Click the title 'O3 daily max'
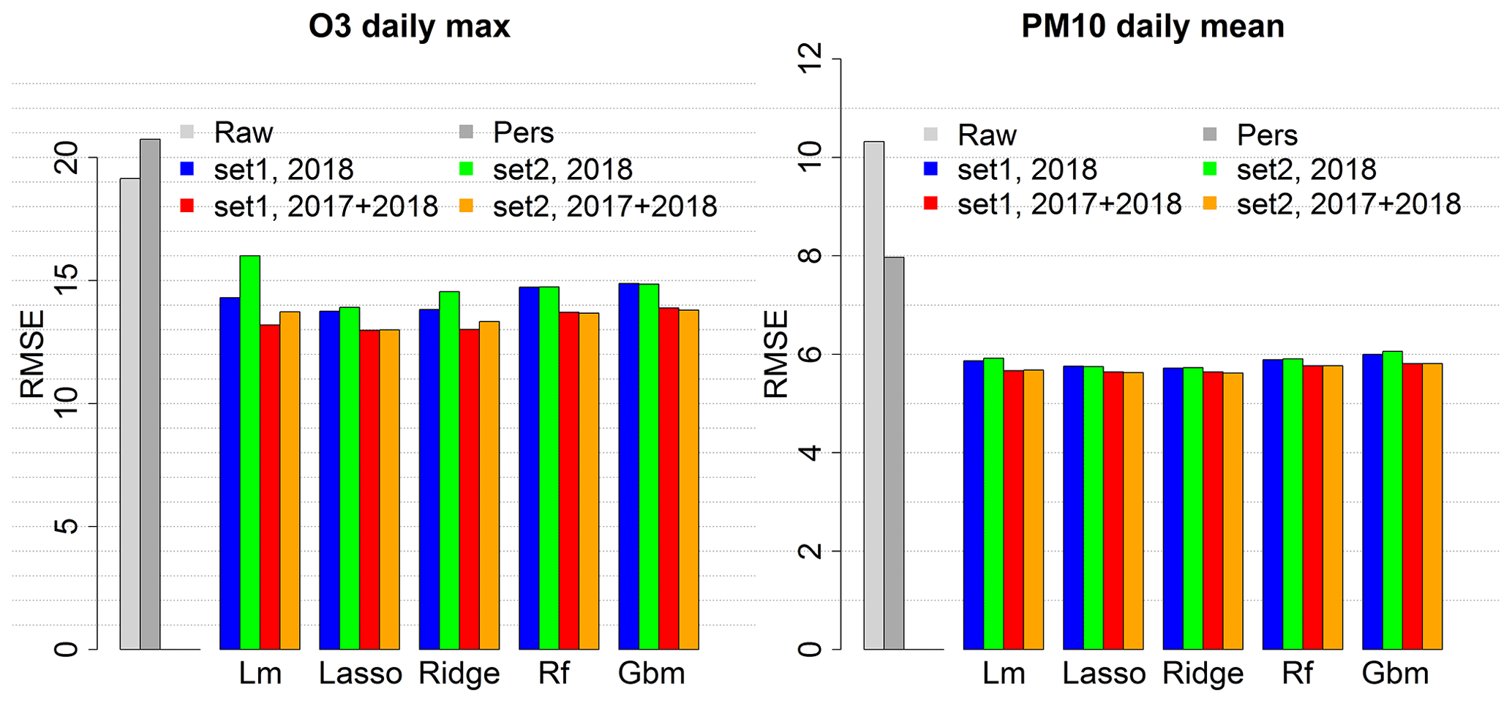pos(409,27)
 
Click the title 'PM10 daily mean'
pos(1152,27)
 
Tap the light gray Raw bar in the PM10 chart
pos(873,395)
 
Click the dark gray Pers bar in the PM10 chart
pos(894,453)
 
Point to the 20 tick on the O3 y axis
pos(67,157)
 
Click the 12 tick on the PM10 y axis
pos(811,59)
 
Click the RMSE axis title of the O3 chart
pos(32,354)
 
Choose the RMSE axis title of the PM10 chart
pos(776,354)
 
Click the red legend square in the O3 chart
pos(187,206)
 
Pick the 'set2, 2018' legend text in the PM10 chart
pos(1306,170)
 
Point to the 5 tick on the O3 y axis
pos(67,526)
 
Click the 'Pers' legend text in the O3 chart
pos(523,133)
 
